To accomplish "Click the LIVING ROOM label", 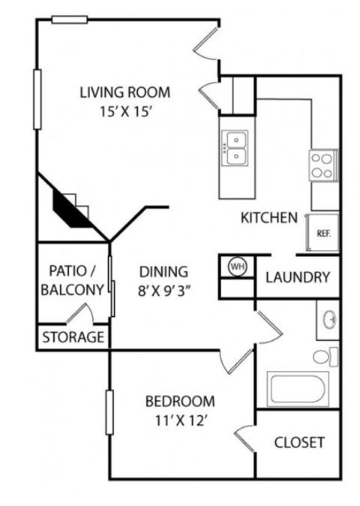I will click(125, 92).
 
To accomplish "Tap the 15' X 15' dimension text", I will click(125, 112).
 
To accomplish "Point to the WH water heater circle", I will click(238, 267).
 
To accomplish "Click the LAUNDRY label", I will click(298, 277).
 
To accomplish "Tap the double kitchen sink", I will click(235, 148).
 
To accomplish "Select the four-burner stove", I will click(322, 164).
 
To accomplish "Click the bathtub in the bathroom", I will click(296, 390).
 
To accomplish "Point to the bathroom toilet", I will click(325, 356).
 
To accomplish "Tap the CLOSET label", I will click(299, 441).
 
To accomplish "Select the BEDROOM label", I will click(179, 401).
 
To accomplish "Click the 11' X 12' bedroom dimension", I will click(179, 420).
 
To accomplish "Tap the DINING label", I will click(162, 272).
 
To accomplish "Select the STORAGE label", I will click(73, 337).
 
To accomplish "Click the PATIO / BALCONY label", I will click(73, 280).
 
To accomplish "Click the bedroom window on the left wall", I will click(110, 413).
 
